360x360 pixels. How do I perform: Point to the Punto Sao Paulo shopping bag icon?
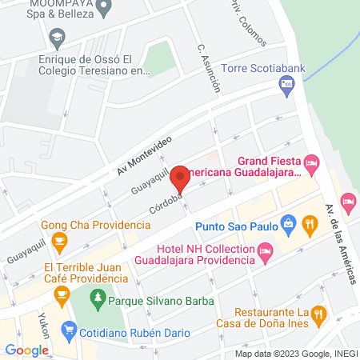(x=287, y=226)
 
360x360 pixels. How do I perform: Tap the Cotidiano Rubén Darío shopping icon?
(x=69, y=328)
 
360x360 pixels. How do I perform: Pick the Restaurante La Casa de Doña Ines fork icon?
(x=319, y=314)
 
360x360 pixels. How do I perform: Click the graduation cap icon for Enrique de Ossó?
(x=57, y=37)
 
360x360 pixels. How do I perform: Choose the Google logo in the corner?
(x=26, y=350)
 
